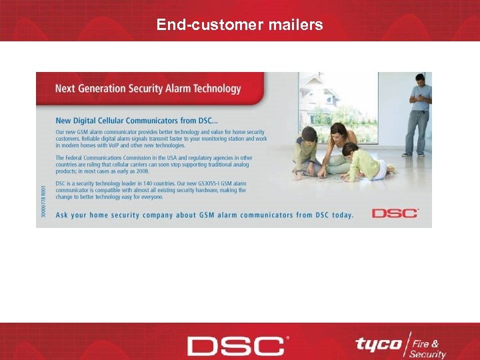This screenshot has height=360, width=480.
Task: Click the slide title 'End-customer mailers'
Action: pyautogui.click(x=239, y=25)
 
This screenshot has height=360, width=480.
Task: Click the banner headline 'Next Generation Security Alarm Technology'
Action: pyautogui.click(x=147, y=88)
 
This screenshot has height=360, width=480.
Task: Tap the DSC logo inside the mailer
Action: pyautogui.click(x=395, y=213)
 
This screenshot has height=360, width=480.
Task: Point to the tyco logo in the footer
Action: pyautogui.click(x=378, y=344)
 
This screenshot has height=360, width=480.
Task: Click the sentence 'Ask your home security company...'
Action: pyautogui.click(x=204, y=215)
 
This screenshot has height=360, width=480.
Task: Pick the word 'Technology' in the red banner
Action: pyautogui.click(x=213, y=88)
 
